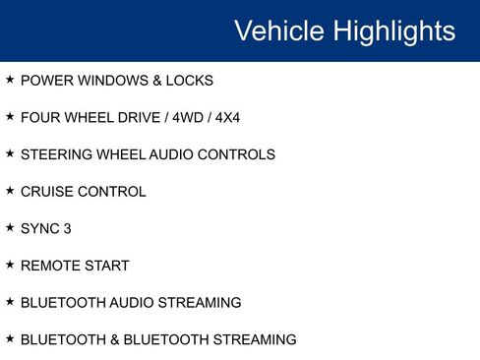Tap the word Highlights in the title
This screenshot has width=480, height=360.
pyautogui.click(x=393, y=30)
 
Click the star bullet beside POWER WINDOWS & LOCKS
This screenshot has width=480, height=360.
pyautogui.click(x=10, y=80)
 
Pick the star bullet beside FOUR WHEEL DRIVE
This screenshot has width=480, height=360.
pyautogui.click(x=10, y=117)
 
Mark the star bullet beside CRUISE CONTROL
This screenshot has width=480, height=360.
pyautogui.click(x=10, y=191)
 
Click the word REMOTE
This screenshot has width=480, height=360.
pyautogui.click(x=49, y=266)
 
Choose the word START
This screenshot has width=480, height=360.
pyautogui.click(x=106, y=266)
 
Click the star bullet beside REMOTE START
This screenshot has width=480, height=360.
pyautogui.click(x=10, y=265)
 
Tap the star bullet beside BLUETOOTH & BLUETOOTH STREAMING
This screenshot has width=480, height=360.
pyautogui.click(x=10, y=338)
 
